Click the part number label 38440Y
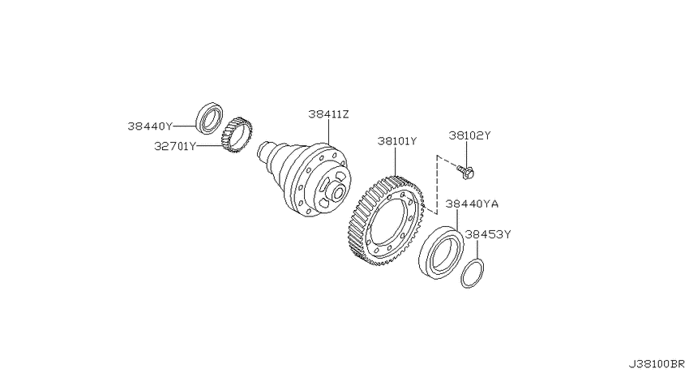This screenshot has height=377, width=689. pyautogui.click(x=150, y=126)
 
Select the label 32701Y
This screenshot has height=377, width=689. pyautogui.click(x=175, y=146)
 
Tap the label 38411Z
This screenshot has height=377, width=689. pyautogui.click(x=328, y=114)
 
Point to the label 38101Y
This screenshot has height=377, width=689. pyautogui.click(x=397, y=142)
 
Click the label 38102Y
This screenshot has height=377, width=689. pyautogui.click(x=469, y=135)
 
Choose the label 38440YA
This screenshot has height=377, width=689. pyautogui.click(x=472, y=203)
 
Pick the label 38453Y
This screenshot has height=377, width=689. pyautogui.click(x=488, y=234)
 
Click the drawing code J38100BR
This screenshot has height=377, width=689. pyautogui.click(x=656, y=364)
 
